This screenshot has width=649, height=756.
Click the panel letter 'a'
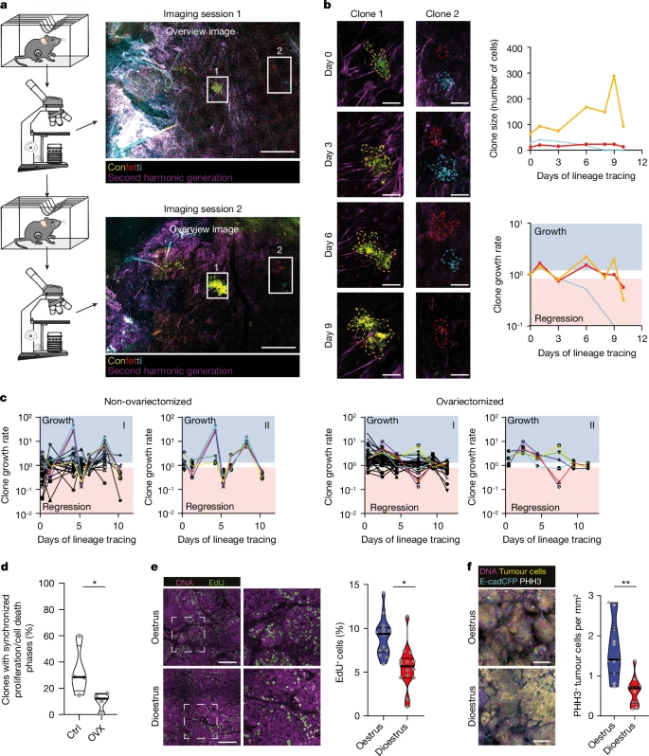coord(6,7)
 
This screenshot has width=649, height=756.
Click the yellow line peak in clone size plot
coord(615,76)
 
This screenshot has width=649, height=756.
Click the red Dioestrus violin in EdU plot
coord(408,656)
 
